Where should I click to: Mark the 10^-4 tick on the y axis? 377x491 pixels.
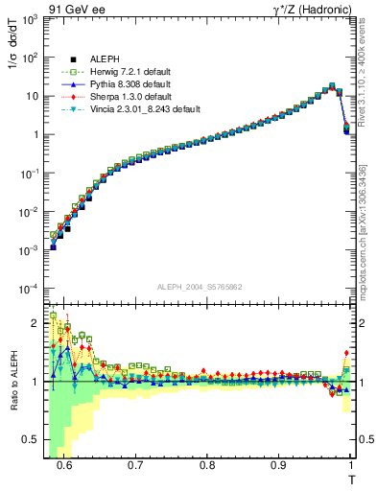click(x=32, y=289)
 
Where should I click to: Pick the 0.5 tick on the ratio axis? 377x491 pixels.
click(x=35, y=439)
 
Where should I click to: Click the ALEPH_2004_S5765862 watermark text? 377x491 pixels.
click(x=200, y=287)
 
